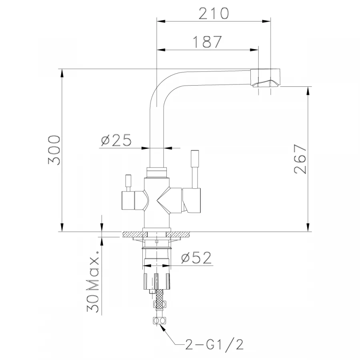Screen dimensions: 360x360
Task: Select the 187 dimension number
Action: tap(207, 42)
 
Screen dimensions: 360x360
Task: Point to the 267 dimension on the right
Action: tap(300, 159)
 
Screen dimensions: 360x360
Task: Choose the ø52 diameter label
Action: tap(196, 258)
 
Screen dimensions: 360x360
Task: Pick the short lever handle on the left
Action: tap(128, 182)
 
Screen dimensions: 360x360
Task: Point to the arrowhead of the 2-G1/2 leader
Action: tap(161, 326)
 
